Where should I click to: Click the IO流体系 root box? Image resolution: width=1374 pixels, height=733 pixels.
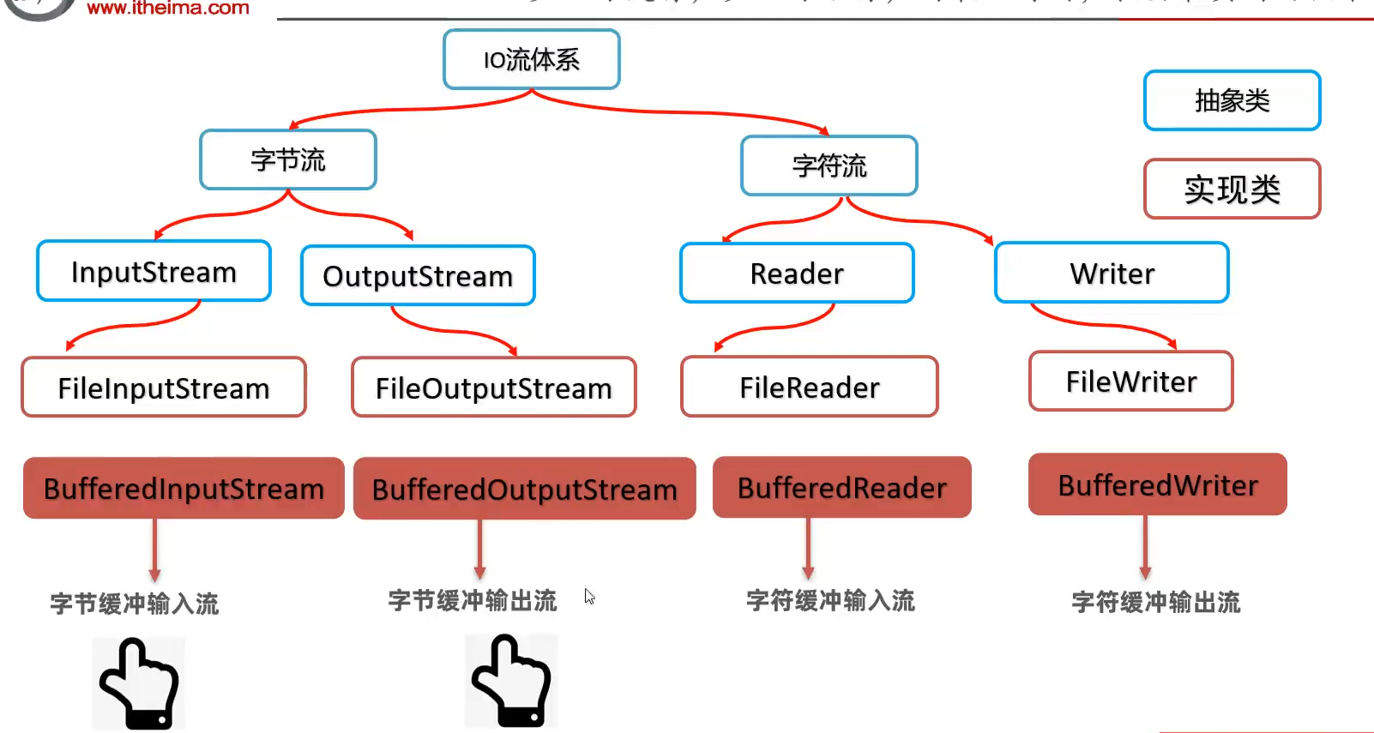pos(532,59)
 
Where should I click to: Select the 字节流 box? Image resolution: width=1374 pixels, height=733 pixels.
pos(288,159)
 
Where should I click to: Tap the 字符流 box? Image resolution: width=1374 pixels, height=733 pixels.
pos(829,165)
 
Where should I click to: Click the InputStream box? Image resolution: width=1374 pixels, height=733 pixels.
pos(154,272)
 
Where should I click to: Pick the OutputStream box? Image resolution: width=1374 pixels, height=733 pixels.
pos(418,276)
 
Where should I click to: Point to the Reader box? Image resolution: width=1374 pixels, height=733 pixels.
pos(797,273)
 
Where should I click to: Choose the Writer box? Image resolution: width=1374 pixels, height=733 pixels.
pos(1112,273)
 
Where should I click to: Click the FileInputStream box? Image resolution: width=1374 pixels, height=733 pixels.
pos(164,388)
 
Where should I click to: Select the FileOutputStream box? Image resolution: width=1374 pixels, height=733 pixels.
pos(494,388)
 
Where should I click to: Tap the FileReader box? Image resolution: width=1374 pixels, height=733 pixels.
pos(810,387)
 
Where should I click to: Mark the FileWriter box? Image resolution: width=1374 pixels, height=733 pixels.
pos(1131,382)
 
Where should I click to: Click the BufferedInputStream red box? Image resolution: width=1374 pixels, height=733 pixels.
pos(184,489)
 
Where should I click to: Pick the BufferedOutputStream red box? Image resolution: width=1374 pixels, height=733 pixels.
pos(524,490)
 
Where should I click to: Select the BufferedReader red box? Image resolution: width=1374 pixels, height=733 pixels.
pos(841,488)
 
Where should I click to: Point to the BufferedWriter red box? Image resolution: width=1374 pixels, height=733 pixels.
pos(1157,485)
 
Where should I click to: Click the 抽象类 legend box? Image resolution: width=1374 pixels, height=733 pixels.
pos(1232,100)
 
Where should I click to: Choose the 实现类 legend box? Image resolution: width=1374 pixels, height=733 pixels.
pos(1232,189)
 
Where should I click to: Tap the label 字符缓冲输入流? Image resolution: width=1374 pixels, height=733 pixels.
pos(830,600)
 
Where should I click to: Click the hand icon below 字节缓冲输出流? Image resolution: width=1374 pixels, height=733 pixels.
pos(511,682)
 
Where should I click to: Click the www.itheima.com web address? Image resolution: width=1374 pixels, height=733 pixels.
pos(168,9)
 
